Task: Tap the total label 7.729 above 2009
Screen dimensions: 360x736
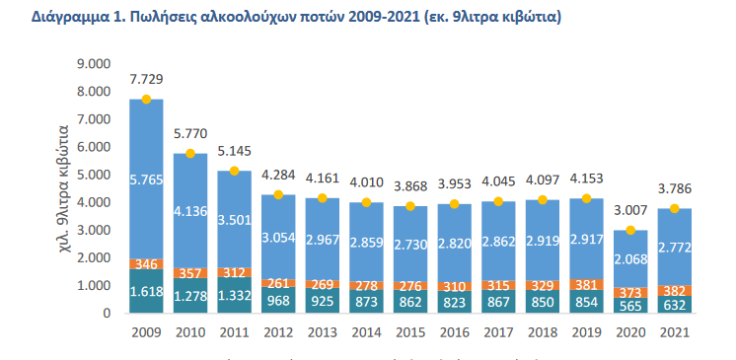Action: (146, 78)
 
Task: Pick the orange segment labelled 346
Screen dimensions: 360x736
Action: (146, 264)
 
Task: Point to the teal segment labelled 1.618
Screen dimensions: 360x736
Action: (146, 291)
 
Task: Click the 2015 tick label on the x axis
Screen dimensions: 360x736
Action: (411, 331)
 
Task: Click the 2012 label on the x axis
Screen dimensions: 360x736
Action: (279, 331)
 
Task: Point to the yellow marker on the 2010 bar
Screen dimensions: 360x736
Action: (190, 154)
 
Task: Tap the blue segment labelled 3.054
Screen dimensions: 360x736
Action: (279, 238)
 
